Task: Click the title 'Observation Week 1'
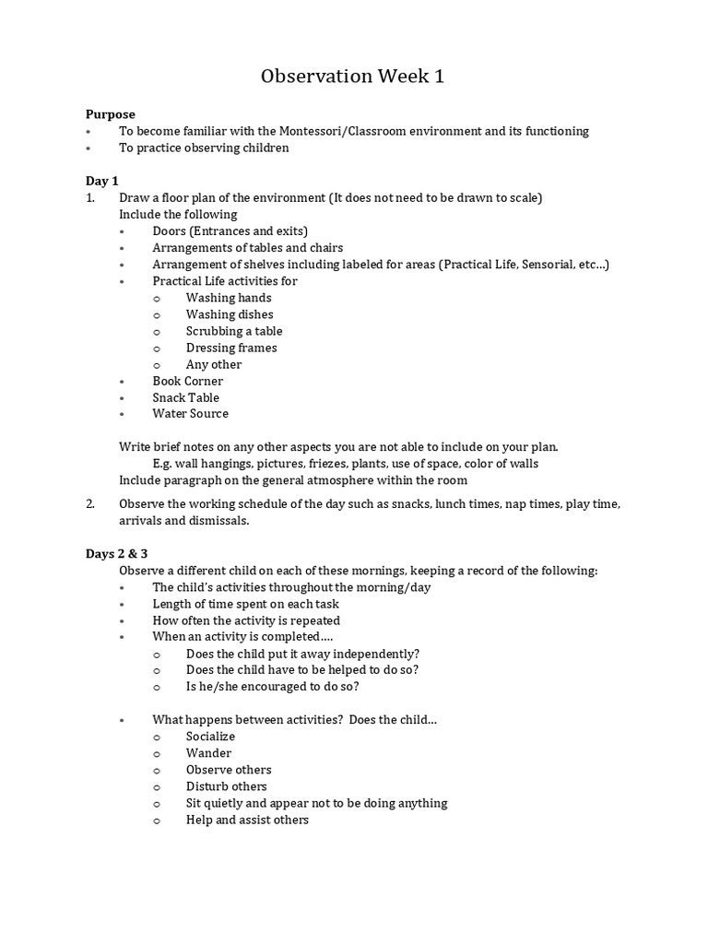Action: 353,77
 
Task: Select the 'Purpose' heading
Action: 111,114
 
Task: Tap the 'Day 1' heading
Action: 102,181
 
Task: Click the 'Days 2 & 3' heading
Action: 118,554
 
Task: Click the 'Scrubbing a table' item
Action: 234,331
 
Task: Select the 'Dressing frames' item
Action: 231,348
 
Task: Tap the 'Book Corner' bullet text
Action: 188,381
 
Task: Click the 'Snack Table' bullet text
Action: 186,397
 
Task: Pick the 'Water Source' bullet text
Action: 191,414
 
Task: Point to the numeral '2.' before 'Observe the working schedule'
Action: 90,504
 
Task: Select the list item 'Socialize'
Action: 210,737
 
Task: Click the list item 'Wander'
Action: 208,753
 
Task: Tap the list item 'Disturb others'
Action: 227,786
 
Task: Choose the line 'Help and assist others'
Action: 247,820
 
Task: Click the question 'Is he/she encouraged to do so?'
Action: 273,687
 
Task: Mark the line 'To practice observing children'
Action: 204,147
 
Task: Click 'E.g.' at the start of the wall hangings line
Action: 164,463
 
